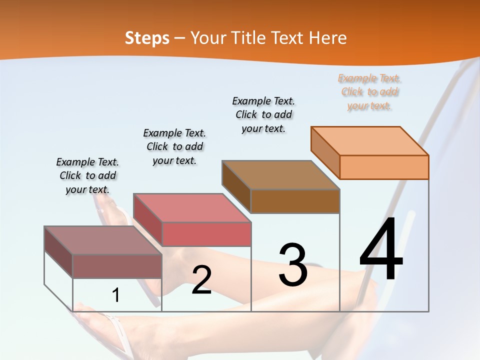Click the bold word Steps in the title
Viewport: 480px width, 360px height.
(147, 38)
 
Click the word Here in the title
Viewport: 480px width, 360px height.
(328, 38)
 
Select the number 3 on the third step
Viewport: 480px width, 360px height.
(293, 265)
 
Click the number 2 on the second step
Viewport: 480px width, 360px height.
(201, 280)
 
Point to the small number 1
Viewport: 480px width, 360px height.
(115, 295)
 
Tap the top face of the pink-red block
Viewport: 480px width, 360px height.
(192, 208)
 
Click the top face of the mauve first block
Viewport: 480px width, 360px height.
(103, 240)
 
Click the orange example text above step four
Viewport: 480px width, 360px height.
(369, 92)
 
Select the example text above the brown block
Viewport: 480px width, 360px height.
(263, 114)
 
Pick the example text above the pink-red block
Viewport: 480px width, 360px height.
(174, 146)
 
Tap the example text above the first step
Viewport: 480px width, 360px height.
(87, 175)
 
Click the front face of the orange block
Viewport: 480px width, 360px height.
(384, 167)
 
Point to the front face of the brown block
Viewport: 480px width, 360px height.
(295, 201)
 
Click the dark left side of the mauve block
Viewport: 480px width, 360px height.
(58, 252)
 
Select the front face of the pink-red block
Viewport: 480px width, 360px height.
(206, 234)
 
